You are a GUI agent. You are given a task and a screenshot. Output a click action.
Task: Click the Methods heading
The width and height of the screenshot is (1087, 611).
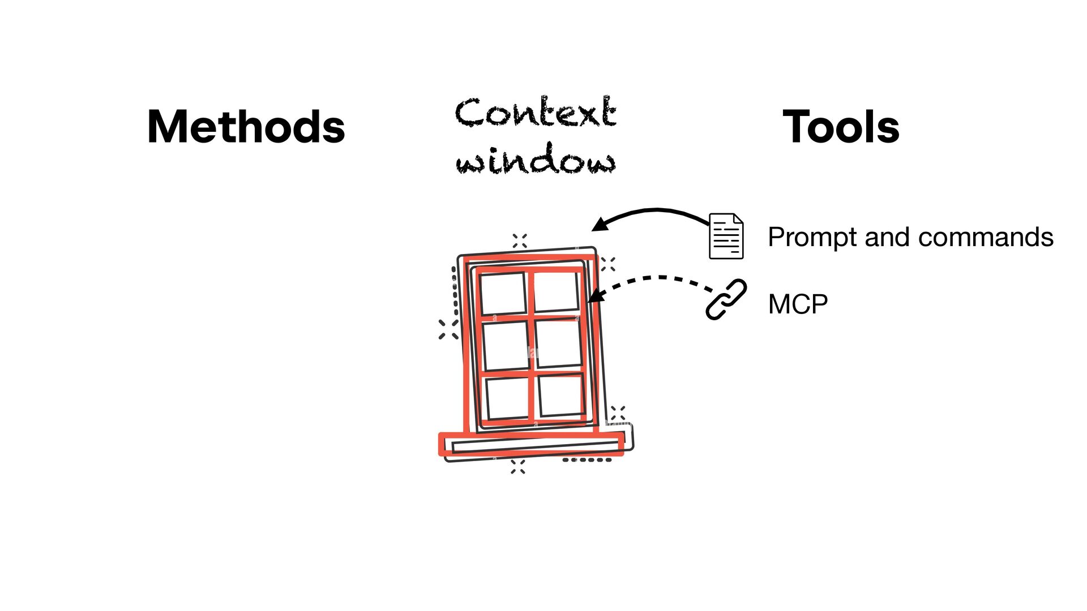click(246, 127)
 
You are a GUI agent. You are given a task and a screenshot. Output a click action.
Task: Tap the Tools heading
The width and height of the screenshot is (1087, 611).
click(841, 127)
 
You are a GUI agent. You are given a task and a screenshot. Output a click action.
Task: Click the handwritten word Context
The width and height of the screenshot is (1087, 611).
click(536, 111)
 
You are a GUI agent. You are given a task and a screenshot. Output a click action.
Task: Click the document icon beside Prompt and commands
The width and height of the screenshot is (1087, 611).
click(726, 236)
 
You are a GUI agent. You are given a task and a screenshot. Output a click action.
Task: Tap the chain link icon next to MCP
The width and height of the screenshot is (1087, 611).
click(726, 299)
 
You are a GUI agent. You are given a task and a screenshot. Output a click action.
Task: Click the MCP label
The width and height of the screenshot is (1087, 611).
click(798, 304)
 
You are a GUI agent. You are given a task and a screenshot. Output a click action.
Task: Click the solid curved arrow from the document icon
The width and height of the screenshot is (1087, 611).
click(651, 210)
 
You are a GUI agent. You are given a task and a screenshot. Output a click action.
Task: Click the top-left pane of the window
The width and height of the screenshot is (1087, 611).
click(503, 293)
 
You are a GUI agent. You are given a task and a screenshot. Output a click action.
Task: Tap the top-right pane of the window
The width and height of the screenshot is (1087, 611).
click(555, 291)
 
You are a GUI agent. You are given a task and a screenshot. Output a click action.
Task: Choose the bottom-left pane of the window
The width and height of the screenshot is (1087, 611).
click(508, 398)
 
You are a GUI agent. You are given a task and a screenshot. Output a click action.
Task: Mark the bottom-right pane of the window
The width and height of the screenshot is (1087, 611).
click(560, 395)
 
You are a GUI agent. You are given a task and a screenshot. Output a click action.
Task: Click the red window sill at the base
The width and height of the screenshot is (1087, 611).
click(532, 444)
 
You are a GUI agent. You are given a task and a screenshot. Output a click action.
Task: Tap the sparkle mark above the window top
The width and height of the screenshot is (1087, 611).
click(520, 241)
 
